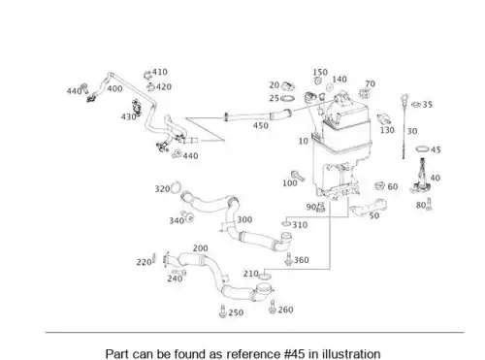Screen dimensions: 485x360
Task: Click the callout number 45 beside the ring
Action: tap(436, 149)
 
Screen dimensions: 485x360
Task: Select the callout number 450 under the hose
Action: tap(260, 125)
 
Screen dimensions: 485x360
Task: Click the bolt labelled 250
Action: tap(222, 311)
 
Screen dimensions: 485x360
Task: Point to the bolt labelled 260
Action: tap(273, 307)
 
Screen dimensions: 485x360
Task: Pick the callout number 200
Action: tap(201, 248)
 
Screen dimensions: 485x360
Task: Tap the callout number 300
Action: tap(244, 220)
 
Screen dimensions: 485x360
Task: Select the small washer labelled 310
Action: tap(286, 224)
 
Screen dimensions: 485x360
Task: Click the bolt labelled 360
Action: tap(289, 259)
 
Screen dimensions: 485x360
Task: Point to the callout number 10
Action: tap(303, 141)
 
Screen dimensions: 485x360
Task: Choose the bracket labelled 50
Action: tap(370, 207)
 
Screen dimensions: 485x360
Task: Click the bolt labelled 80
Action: tap(429, 204)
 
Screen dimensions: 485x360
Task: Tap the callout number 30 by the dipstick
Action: tap(412, 131)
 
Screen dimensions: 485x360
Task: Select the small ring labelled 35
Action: tap(416, 104)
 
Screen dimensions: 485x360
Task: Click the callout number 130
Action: tap(387, 130)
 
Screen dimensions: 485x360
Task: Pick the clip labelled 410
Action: tap(147, 75)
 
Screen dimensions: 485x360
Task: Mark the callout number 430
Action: tap(128, 116)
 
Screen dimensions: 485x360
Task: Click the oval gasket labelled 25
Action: tap(288, 98)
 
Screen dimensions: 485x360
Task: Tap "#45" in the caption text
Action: tap(294, 354)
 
